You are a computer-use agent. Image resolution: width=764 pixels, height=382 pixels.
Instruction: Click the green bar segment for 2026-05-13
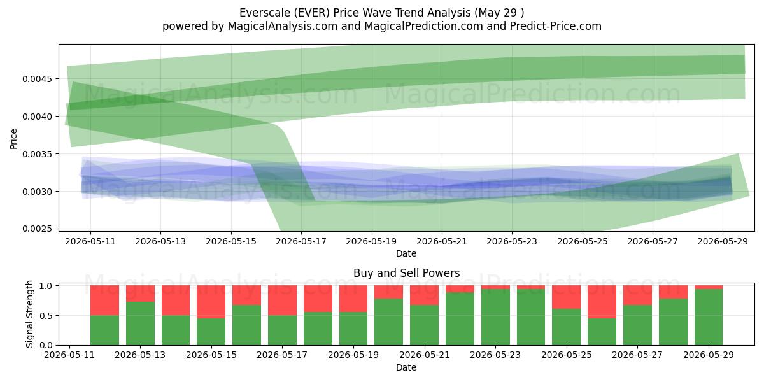click(140, 323)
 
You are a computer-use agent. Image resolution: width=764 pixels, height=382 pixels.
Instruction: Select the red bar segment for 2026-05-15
click(211, 302)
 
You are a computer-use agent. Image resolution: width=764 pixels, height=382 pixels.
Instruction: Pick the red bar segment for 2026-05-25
click(566, 297)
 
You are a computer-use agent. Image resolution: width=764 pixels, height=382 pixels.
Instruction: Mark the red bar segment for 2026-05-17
click(282, 301)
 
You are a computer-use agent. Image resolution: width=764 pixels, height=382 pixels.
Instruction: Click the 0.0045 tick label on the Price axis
click(38, 79)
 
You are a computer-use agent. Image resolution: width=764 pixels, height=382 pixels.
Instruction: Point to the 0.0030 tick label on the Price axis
click(38, 192)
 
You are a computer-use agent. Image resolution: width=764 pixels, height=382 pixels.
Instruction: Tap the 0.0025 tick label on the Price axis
click(38, 229)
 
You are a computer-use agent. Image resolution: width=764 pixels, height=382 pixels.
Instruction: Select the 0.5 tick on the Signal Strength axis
click(46, 316)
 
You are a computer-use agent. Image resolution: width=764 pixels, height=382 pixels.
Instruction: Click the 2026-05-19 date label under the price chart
click(371, 241)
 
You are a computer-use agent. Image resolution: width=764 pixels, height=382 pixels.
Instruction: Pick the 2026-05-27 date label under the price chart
click(653, 241)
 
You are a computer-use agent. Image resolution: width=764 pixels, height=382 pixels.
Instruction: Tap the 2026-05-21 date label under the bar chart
click(425, 355)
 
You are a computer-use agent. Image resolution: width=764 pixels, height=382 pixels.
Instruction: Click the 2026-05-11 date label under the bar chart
click(69, 355)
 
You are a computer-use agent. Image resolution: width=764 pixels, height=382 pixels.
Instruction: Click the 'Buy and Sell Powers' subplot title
click(407, 273)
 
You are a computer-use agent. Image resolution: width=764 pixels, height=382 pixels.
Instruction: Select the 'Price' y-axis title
click(13, 139)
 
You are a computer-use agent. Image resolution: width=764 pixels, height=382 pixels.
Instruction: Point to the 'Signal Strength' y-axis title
click(29, 314)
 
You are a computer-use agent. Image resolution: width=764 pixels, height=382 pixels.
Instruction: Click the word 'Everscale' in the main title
click(262, 13)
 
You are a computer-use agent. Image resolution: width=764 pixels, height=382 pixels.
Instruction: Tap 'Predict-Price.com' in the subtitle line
click(556, 26)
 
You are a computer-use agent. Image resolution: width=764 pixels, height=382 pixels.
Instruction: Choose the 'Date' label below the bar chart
click(406, 367)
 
